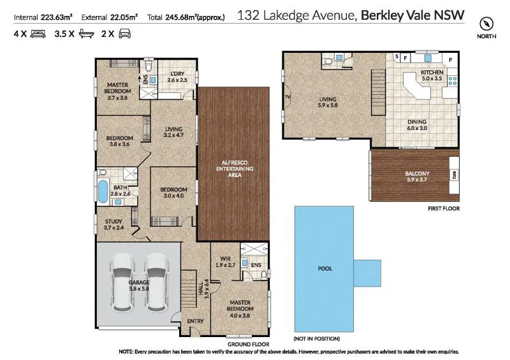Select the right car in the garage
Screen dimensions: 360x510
(x=156, y=282)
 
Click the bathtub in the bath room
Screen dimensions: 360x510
(x=102, y=191)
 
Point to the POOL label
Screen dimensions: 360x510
(x=324, y=268)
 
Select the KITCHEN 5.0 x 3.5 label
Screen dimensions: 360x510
(x=432, y=76)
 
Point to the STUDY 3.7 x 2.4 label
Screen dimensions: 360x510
(x=113, y=224)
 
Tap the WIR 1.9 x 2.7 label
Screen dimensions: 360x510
(x=224, y=261)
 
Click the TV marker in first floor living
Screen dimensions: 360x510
(x=288, y=97)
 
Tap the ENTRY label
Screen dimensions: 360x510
(x=195, y=321)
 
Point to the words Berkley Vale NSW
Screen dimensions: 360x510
(x=412, y=15)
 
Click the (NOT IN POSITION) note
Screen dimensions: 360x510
(x=316, y=338)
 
